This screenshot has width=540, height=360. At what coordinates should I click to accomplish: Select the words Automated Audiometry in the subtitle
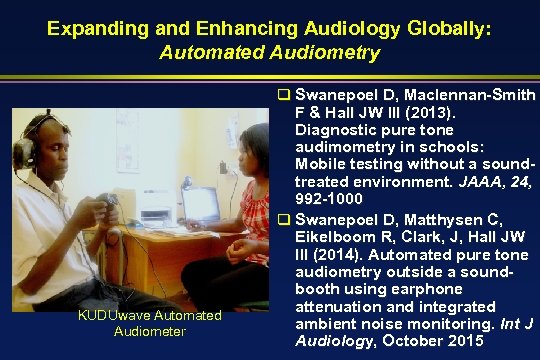[269, 51]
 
